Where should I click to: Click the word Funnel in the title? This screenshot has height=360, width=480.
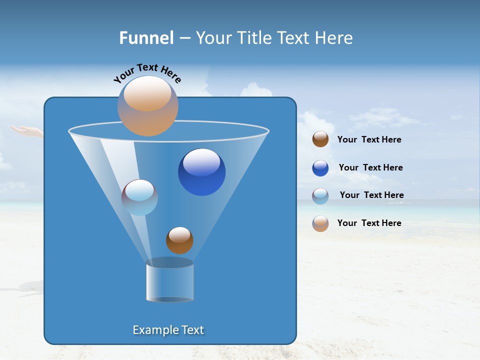(146, 38)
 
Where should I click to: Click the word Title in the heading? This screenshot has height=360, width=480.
(254, 38)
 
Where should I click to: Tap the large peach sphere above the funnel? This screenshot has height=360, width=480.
(148, 105)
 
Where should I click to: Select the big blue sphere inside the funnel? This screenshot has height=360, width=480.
(201, 172)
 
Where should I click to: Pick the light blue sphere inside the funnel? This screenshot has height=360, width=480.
(139, 197)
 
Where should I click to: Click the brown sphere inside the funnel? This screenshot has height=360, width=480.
(179, 240)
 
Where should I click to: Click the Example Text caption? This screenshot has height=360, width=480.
(168, 330)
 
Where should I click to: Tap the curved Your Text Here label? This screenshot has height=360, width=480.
(147, 73)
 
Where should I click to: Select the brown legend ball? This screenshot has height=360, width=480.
(320, 139)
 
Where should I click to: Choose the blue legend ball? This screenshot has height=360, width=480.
(320, 168)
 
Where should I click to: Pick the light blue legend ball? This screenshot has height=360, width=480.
(320, 196)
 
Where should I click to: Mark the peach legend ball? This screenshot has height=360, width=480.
(320, 223)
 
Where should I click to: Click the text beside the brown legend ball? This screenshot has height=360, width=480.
(369, 140)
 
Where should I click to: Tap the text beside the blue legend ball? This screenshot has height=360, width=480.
(370, 167)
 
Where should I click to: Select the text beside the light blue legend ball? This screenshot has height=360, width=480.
(371, 195)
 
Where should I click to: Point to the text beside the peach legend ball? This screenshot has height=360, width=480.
(369, 223)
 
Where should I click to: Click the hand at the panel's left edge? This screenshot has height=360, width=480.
(27, 131)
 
